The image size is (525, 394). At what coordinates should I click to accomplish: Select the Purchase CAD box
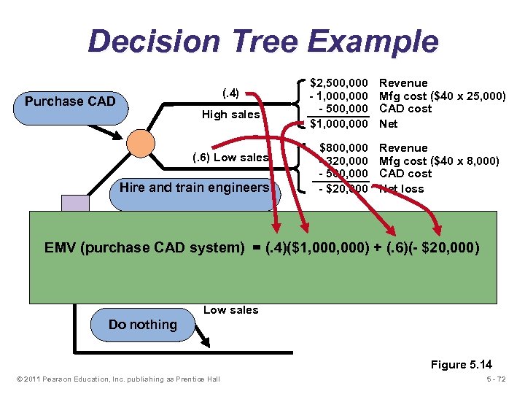70,101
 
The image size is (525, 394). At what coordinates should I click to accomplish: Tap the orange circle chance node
140,144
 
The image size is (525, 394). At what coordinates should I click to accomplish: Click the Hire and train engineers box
194,188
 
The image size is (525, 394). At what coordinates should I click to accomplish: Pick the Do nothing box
142,325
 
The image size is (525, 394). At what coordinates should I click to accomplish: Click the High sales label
230,115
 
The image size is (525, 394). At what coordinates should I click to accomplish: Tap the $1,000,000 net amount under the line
339,124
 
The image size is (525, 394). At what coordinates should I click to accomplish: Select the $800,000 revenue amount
343,148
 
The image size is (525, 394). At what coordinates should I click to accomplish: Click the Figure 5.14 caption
462,365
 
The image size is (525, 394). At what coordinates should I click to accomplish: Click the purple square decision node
75,204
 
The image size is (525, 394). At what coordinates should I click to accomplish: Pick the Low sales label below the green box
230,310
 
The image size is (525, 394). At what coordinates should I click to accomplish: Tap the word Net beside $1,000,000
389,124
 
